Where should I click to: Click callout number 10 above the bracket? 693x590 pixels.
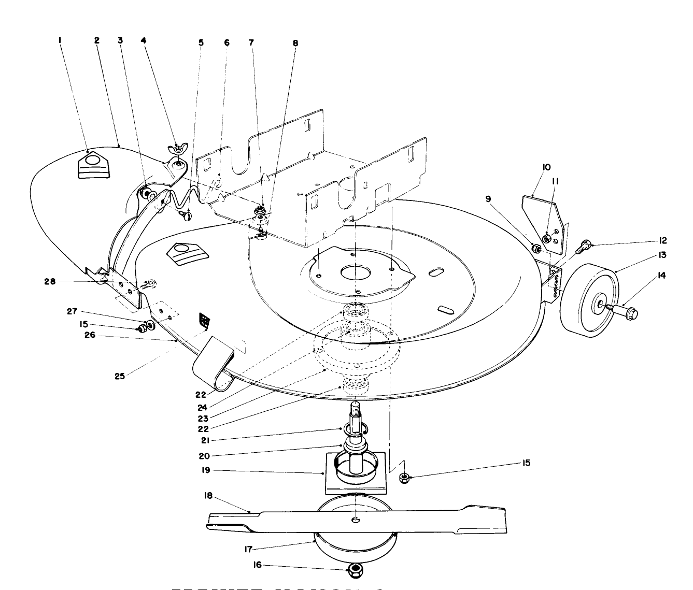click(532, 167)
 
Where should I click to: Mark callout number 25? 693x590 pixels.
click(120, 376)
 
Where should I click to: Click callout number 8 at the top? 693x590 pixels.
click(295, 43)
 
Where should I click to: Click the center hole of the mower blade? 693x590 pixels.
click(356, 519)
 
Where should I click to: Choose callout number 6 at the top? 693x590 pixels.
click(227, 43)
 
